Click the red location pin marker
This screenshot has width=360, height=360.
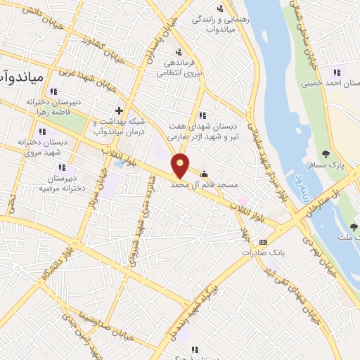pos(181,165)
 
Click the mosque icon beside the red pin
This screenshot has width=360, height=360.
pos(205,174)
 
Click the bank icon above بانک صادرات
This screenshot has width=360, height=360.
pos(263,241)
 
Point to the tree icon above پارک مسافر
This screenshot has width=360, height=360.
pos(325,155)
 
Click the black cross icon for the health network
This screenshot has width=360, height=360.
pos(119,110)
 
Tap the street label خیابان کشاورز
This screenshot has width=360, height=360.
pos(103,50)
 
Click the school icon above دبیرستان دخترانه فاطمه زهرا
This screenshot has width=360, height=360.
pos(54,91)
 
